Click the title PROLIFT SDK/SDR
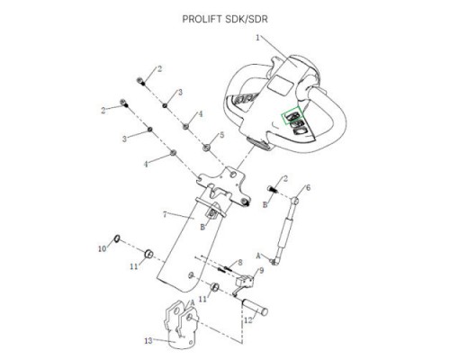(225, 19)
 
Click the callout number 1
(257, 38)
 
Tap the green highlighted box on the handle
(292, 115)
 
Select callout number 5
(222, 135)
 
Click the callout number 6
(308, 188)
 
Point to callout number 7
(165, 214)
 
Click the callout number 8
(240, 263)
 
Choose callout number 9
(261, 271)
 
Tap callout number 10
(103, 248)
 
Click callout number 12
(248, 320)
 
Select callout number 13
(148, 341)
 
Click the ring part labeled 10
(117, 238)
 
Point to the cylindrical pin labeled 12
(255, 307)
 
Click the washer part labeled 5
(206, 148)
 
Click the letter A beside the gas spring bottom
(258, 256)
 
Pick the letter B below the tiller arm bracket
(202, 228)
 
